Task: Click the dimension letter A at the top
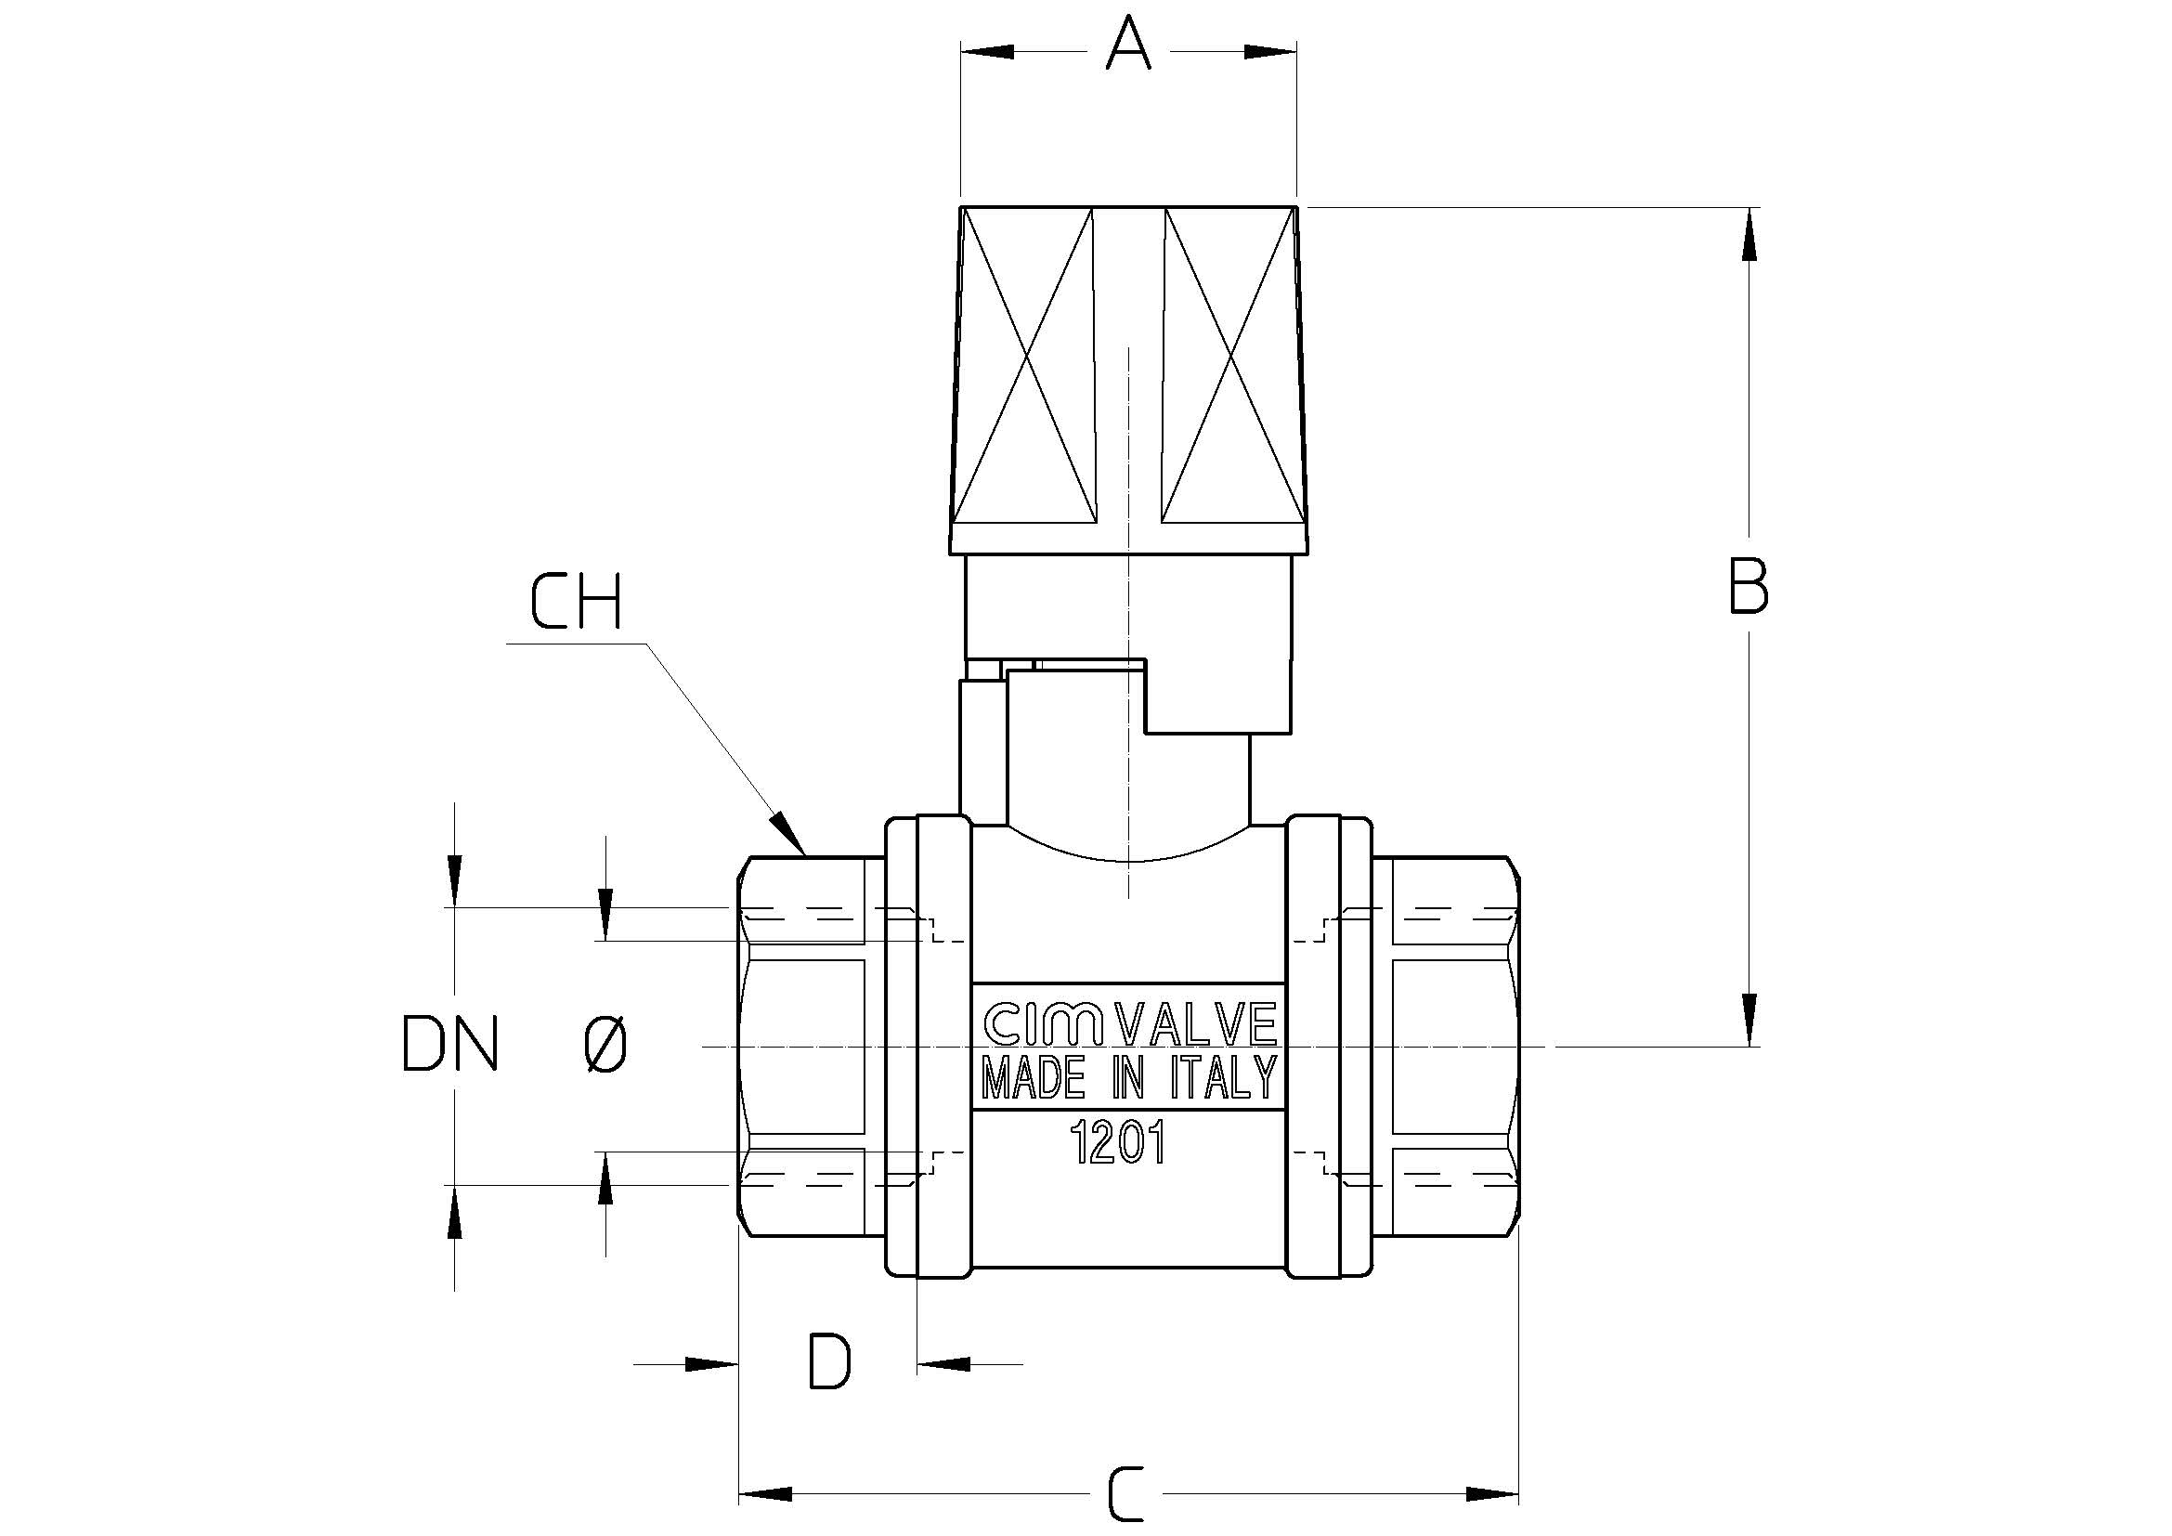pos(1127,44)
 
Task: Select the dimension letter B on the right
pos(1749,585)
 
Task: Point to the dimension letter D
pos(829,1361)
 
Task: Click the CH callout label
pos(575,602)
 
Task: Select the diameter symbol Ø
pos(605,1044)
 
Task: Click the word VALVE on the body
pos(1198,1022)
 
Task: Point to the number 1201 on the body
pos(1117,1142)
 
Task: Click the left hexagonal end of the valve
pos(802,1045)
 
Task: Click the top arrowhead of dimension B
pos(1749,210)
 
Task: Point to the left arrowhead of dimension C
pos(740,1493)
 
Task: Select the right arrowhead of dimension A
pos(1295,52)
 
